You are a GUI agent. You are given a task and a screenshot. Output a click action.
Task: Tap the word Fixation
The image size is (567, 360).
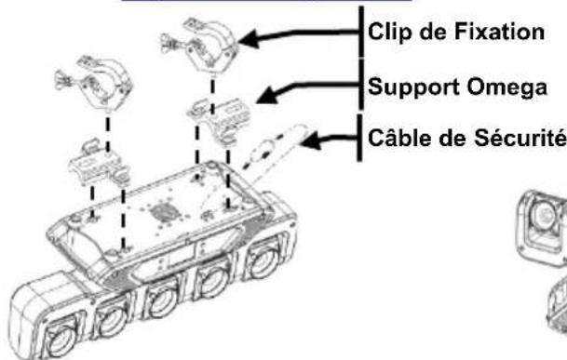499,32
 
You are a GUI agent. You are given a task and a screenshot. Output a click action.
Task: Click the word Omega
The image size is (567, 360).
506,88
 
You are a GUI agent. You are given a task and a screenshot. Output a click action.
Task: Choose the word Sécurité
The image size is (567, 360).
520,137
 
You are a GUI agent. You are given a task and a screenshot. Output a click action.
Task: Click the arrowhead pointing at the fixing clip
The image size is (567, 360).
250,39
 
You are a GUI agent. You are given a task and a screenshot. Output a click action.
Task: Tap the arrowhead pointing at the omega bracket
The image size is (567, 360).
267,96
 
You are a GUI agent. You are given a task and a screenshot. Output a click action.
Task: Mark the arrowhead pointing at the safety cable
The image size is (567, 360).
310,140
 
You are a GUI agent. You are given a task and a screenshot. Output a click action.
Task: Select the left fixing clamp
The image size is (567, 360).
95,80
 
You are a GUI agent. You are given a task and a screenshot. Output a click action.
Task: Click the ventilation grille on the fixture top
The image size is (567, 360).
164,212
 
